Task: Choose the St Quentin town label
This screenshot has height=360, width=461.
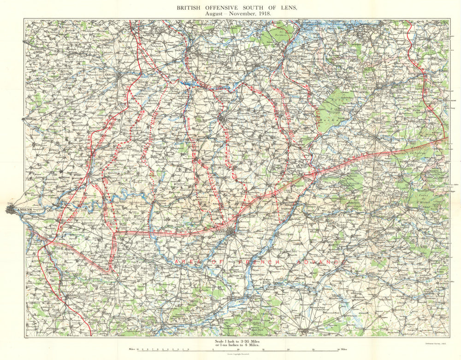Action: coord(225,232)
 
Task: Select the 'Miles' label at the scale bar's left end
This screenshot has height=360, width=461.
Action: coord(133,349)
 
